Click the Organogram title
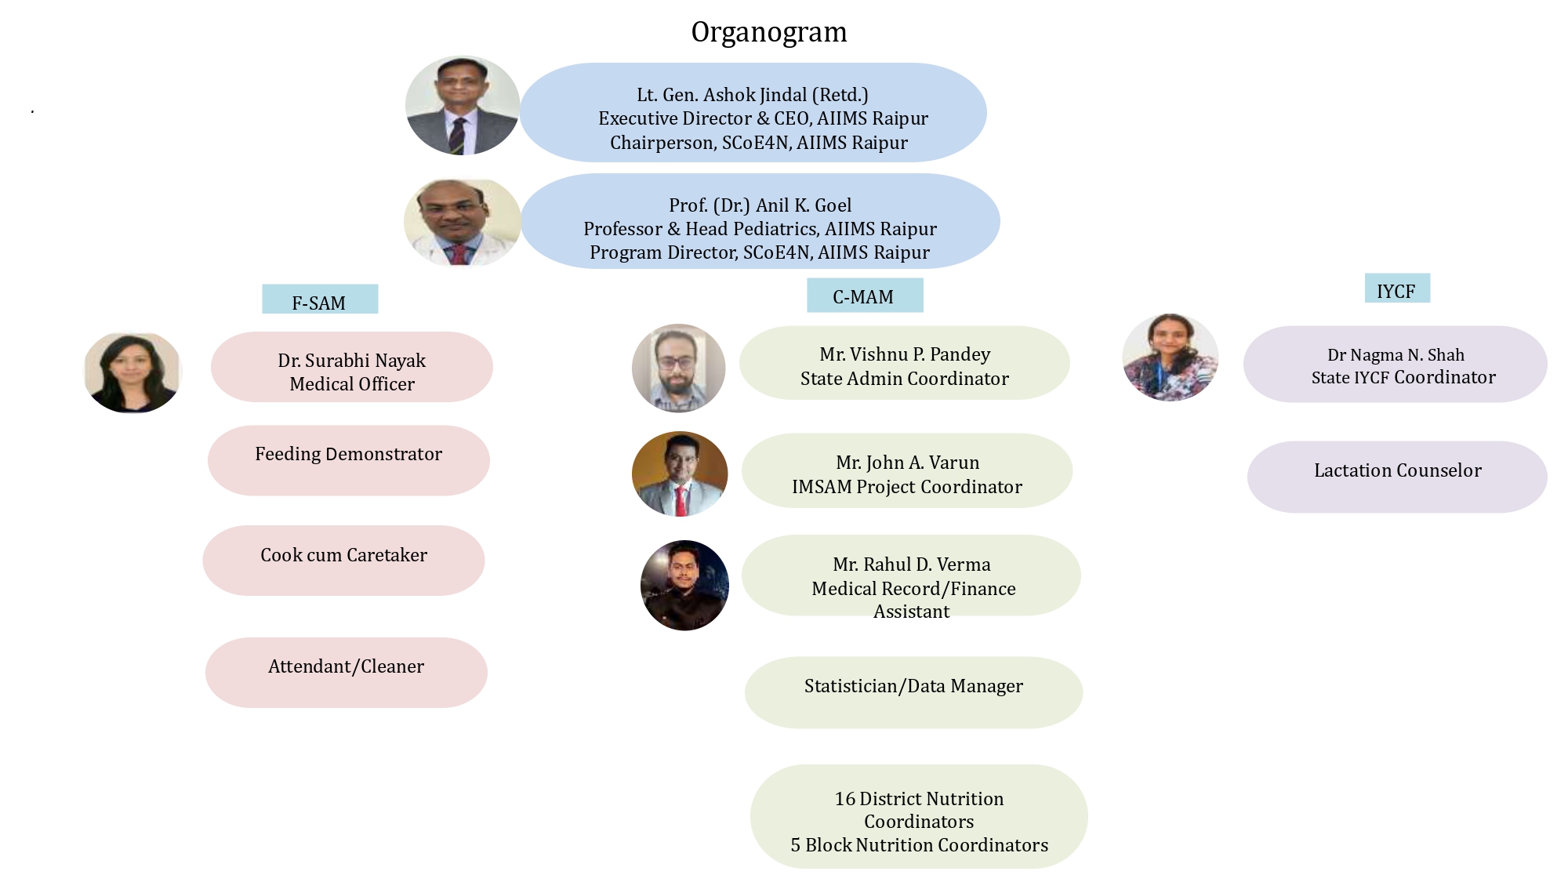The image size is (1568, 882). (x=768, y=32)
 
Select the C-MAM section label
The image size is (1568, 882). (x=864, y=296)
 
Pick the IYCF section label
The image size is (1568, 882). (x=1396, y=289)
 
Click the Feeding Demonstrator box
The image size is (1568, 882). (x=348, y=460)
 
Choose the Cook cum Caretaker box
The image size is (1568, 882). (x=343, y=560)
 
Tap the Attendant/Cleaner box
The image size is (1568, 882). (x=346, y=672)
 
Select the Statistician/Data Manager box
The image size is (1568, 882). (x=913, y=691)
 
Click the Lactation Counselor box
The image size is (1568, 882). (x=1397, y=476)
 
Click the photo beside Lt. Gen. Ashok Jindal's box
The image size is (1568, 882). (x=463, y=105)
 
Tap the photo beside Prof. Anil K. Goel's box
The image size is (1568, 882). (x=463, y=223)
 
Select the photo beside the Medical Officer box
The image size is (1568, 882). (x=132, y=372)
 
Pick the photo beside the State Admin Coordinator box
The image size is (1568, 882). (x=679, y=368)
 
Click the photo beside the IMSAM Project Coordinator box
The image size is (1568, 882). (x=680, y=474)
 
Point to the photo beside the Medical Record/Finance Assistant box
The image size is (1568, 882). (x=684, y=585)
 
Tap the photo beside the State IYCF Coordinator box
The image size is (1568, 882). (x=1171, y=358)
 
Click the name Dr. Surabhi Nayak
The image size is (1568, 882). (x=351, y=361)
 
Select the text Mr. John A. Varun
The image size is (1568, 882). (x=907, y=463)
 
